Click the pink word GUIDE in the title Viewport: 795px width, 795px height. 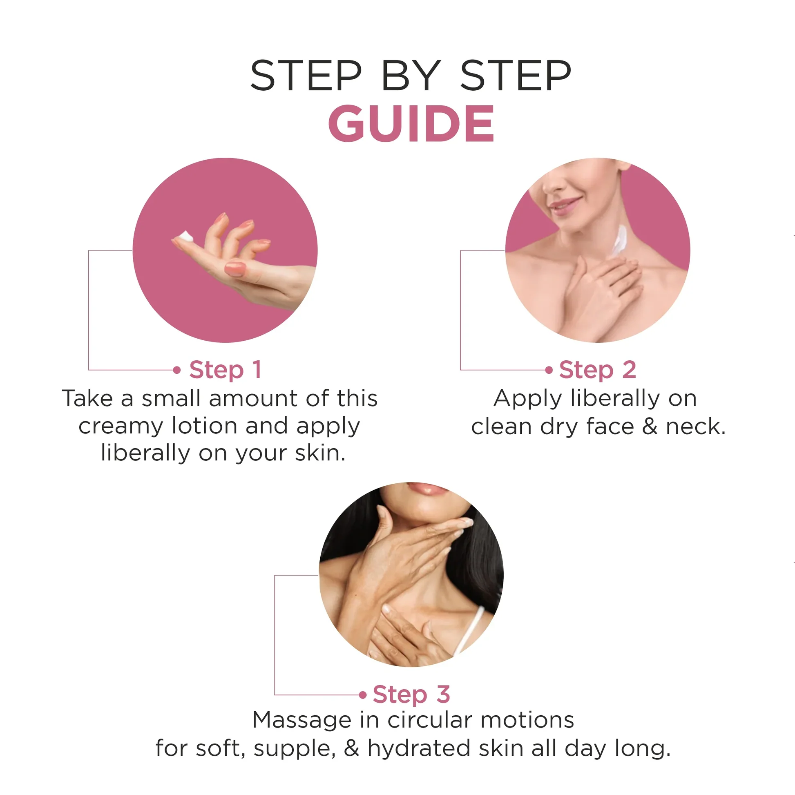pos(411,123)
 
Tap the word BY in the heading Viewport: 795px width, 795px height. pos(411,75)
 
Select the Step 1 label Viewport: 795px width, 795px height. pos(225,369)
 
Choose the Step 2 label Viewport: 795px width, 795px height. pos(598,369)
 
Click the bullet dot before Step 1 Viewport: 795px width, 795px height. pos(177,370)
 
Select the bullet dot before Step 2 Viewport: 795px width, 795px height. pos(549,370)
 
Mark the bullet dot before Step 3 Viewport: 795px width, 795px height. pos(362,695)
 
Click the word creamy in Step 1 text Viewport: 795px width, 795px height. pos(121,427)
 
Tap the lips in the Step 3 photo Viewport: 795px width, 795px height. pos(428,489)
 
